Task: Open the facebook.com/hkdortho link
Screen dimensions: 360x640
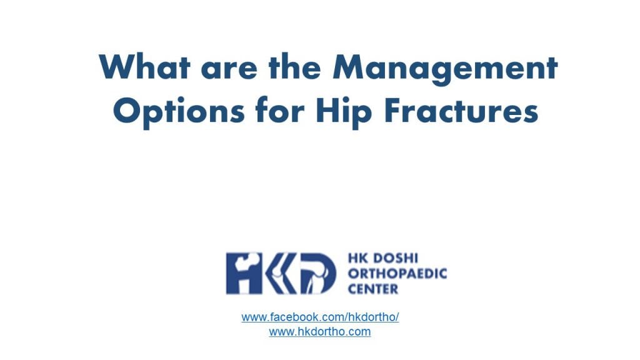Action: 320,317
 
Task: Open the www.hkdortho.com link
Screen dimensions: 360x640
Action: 320,332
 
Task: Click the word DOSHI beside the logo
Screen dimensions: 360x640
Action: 389,259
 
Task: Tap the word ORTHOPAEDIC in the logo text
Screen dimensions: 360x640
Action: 397,274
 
